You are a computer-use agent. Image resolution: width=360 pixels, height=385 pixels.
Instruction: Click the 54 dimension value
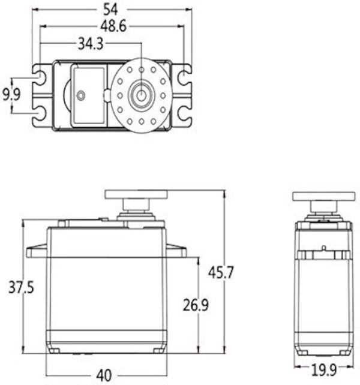pos(110,10)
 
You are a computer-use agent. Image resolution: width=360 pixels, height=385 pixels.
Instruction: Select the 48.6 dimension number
pos(113,26)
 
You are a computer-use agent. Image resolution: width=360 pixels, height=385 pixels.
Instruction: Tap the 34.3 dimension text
pos(91,44)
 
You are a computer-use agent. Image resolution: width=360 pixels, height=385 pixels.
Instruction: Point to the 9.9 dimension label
pos(11,95)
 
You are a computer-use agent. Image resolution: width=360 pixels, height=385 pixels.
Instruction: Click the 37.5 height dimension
pos(21,287)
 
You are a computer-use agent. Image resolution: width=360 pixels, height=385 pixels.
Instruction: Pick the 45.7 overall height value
pos(221,272)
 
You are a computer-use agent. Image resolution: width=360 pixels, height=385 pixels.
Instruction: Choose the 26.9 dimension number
pos(196,305)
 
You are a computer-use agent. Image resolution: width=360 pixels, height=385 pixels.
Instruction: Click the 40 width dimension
pos(104,375)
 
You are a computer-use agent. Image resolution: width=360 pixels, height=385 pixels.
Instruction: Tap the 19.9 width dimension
pos(323,370)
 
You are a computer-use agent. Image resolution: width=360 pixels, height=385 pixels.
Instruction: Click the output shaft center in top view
pos(141,95)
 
